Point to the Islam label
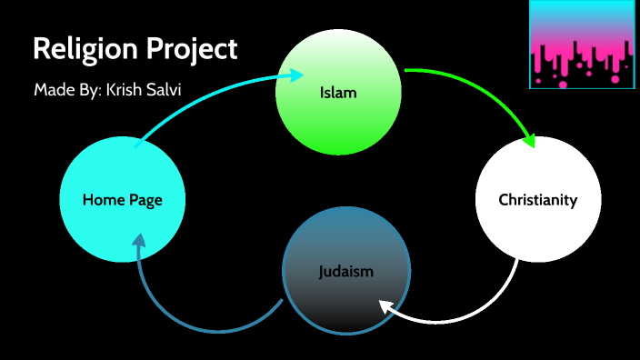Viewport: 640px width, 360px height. coord(337,93)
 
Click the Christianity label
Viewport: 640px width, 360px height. coord(537,200)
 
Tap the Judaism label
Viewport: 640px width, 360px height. coord(346,271)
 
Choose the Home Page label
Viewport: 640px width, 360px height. coord(122,200)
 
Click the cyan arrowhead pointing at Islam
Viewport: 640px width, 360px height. coord(295,75)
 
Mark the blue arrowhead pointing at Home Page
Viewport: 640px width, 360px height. coord(137,243)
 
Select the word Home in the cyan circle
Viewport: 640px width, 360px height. coord(102,200)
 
